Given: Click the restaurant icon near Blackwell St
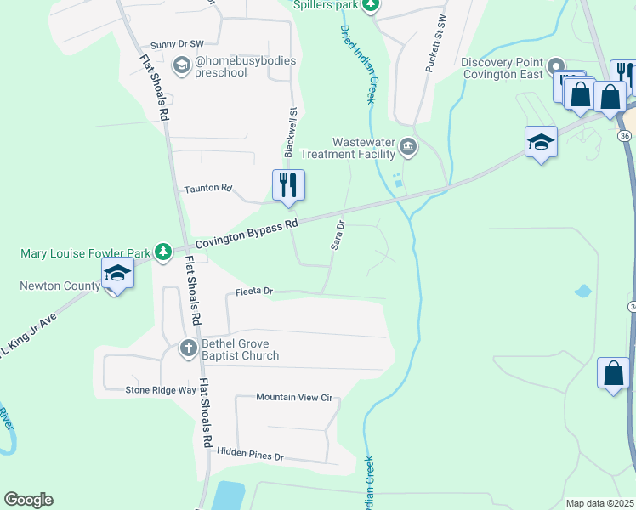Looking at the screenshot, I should point(288,184).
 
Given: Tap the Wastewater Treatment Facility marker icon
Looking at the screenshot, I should point(408,147).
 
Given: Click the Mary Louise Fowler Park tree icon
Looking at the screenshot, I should point(181,252).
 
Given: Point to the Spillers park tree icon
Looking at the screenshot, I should point(370,5).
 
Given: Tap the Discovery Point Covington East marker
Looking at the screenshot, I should point(555,66).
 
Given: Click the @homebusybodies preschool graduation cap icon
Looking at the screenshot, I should point(181,65).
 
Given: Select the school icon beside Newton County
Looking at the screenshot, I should point(117,273).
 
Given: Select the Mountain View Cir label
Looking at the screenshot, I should point(293,397).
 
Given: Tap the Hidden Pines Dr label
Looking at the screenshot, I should point(249,456).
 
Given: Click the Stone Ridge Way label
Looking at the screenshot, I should point(161,390).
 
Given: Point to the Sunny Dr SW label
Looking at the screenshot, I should point(177,44).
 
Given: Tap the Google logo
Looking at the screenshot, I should point(28,500).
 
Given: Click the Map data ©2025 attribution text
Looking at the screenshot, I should point(600,503).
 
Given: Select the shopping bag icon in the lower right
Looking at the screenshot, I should point(613,372).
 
